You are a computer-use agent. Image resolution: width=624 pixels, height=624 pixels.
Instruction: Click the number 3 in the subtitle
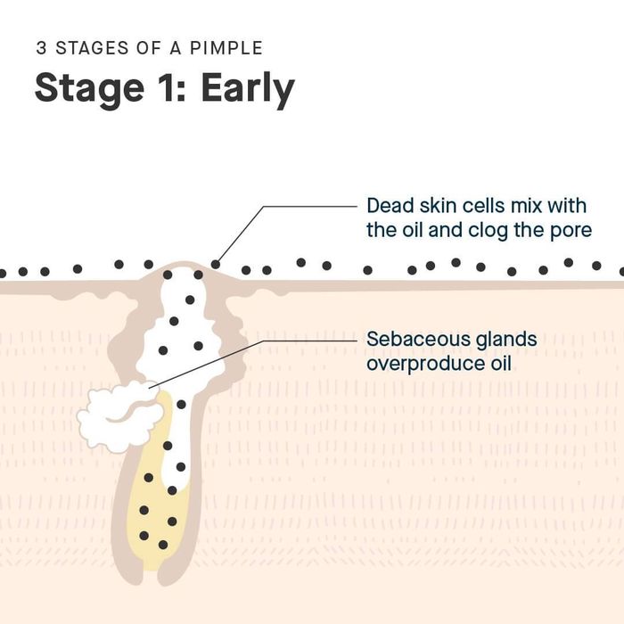[x=41, y=48]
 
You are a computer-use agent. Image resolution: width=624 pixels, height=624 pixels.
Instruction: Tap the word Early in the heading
[x=248, y=89]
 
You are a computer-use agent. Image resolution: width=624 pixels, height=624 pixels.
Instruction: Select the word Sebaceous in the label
[x=409, y=340]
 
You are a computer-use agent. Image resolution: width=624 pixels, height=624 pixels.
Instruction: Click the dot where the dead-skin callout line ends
[x=215, y=264]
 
